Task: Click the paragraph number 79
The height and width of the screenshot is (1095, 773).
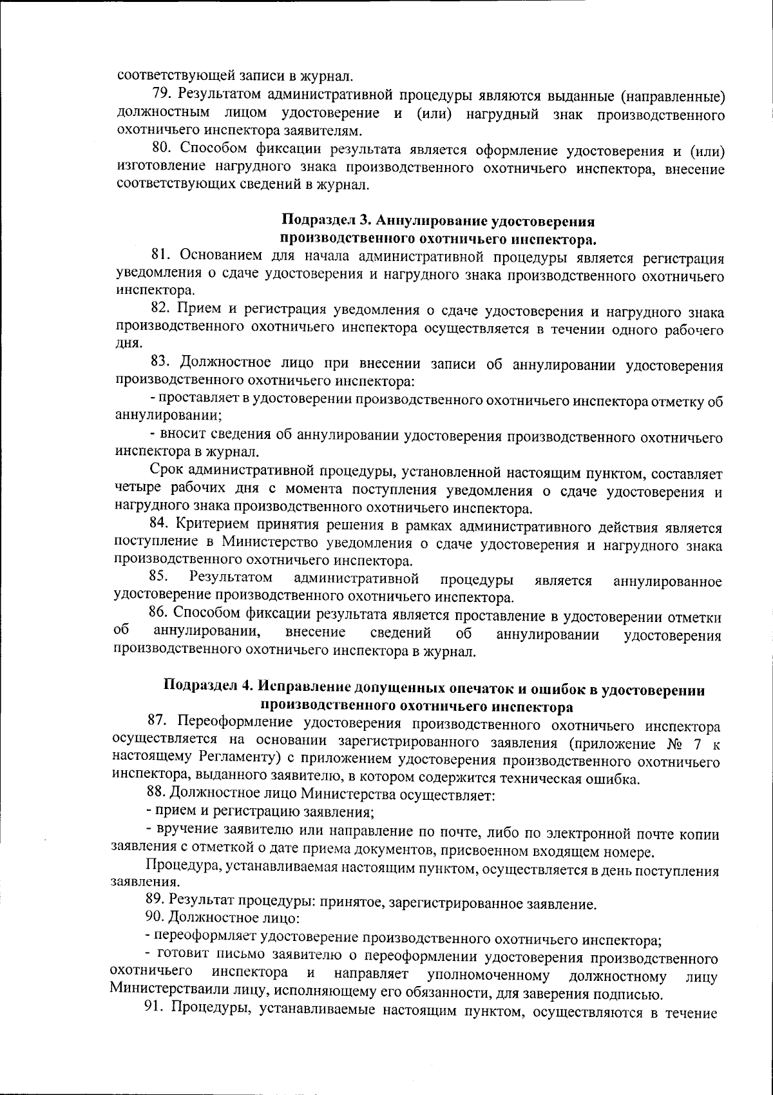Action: tap(161, 95)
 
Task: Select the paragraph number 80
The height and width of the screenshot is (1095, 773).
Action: tap(161, 151)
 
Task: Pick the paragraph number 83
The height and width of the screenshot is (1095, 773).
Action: tap(160, 363)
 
